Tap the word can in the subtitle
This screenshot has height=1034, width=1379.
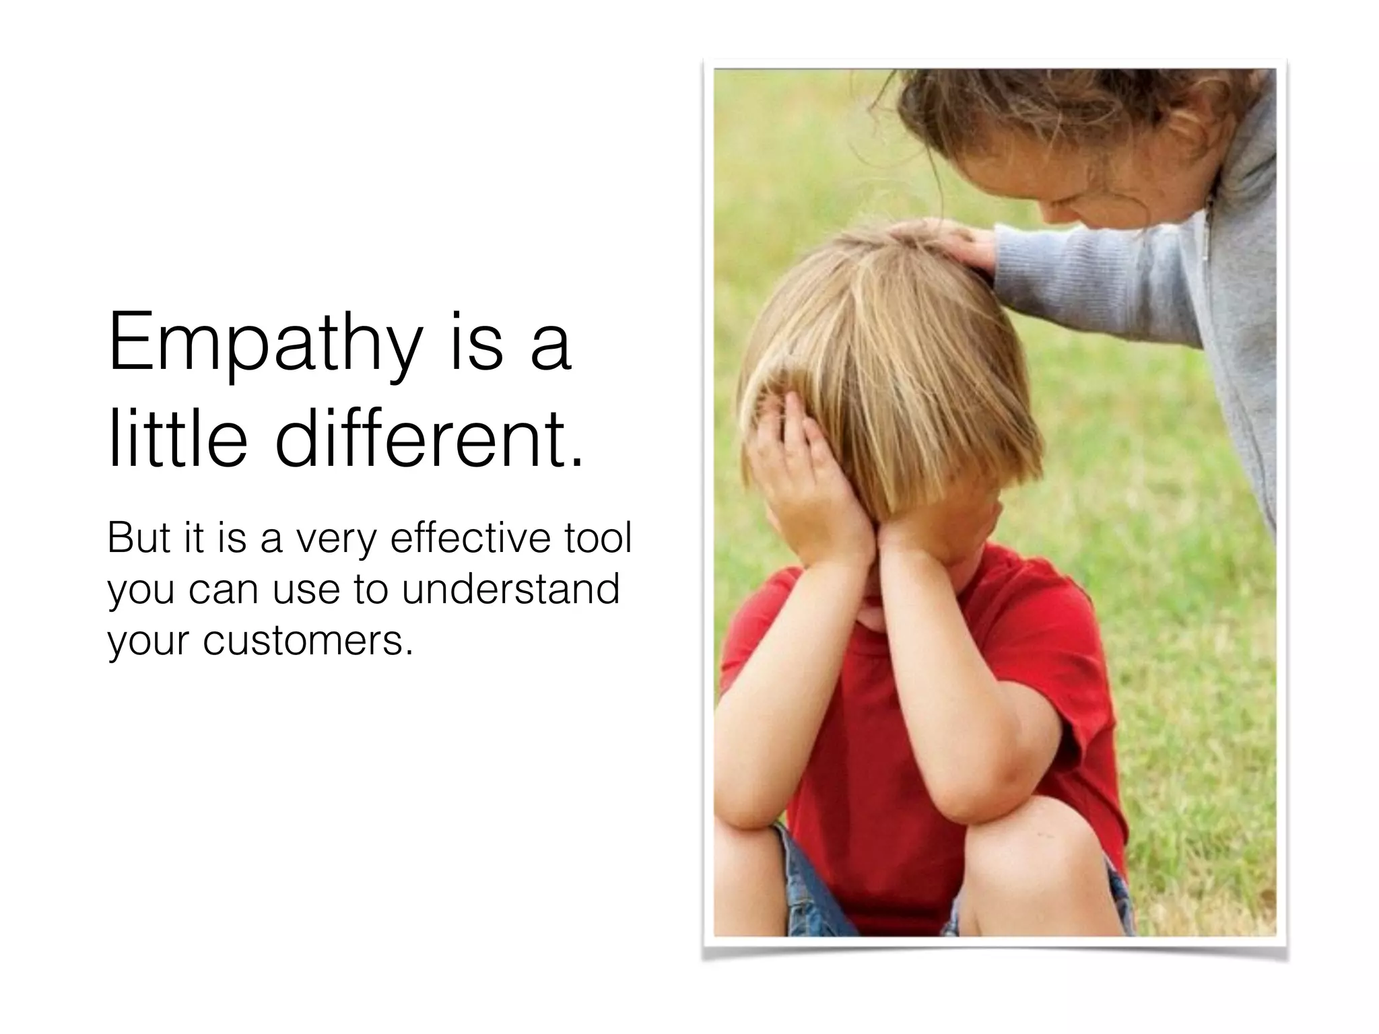[x=223, y=590]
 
